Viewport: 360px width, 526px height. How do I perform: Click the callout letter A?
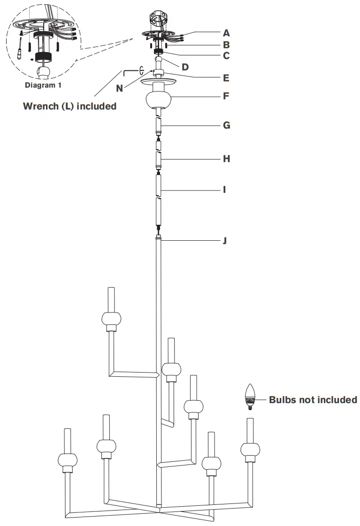(x=226, y=33)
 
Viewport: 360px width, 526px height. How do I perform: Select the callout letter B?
(x=226, y=46)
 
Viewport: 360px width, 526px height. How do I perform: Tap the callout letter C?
(x=226, y=56)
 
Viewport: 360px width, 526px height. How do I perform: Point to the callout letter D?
(x=185, y=67)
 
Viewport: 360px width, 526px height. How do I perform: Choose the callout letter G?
(x=226, y=126)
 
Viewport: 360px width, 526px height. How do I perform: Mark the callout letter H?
(x=226, y=159)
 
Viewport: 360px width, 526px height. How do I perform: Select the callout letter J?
(x=225, y=241)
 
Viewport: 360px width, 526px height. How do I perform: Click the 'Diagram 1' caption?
(x=43, y=86)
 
